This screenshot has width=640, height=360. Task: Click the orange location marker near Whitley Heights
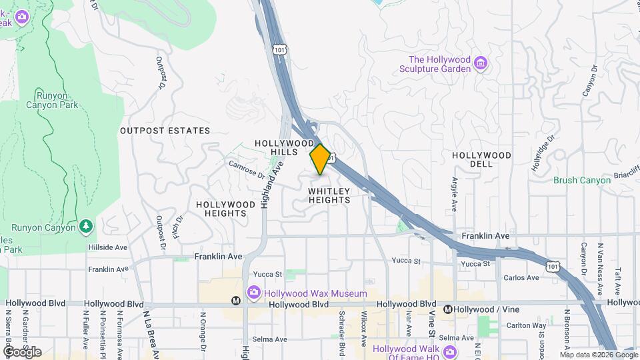coord(320,159)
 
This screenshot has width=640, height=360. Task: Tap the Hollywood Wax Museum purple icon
coord(253,293)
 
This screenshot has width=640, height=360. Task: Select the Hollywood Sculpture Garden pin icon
coord(481,65)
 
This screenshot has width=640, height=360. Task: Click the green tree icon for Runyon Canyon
coord(85,227)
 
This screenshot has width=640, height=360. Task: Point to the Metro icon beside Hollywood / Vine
coord(448,309)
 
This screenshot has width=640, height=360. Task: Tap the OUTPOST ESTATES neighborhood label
coord(165,131)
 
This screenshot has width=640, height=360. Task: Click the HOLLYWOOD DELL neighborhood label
coord(481,155)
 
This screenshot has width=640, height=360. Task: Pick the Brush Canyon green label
coord(581,180)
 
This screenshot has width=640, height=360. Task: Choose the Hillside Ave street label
coord(107,247)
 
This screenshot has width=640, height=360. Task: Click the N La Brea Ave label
coord(150,329)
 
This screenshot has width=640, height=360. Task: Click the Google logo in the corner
coord(23,351)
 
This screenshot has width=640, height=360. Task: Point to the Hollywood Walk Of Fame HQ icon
coord(451,351)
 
